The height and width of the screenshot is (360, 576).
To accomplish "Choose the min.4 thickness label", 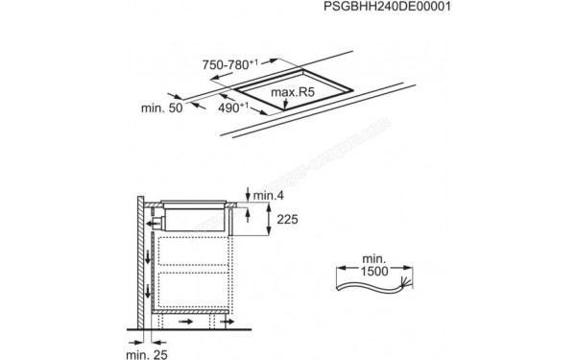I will [x=269, y=196].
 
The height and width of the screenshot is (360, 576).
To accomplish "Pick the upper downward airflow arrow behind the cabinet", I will [x=147, y=255].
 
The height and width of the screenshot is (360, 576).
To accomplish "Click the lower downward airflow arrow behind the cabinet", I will [x=147, y=290].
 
